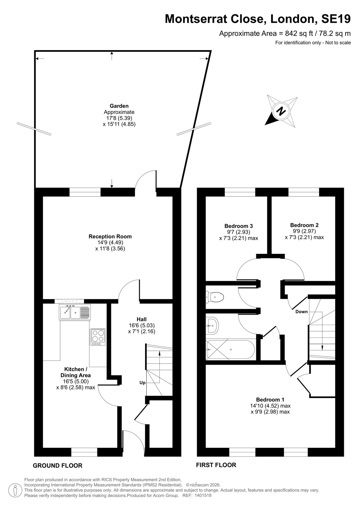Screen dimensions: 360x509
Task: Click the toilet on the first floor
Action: coord(215,297)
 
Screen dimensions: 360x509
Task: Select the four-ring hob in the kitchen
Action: coord(98,337)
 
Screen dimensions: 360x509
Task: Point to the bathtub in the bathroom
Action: coord(230,350)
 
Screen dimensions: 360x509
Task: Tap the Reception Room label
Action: coord(110,237)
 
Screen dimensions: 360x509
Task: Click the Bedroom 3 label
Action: coord(238,226)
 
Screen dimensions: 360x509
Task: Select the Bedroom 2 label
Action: coord(304,225)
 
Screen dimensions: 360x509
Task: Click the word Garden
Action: coord(119,106)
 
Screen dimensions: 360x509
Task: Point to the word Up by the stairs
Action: coord(142,383)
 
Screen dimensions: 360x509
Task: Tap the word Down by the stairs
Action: coord(301,312)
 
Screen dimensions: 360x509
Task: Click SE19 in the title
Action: coord(336,19)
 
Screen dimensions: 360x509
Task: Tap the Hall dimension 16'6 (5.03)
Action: coord(141,325)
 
